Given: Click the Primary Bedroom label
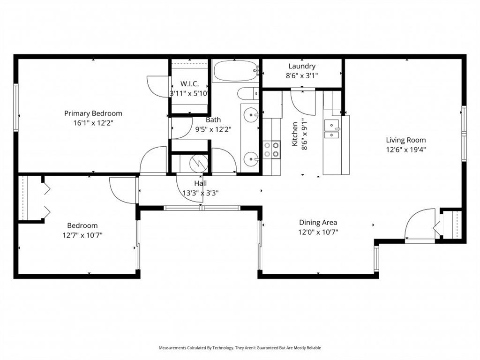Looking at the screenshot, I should (93, 113).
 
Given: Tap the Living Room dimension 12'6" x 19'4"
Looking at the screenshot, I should (406, 150).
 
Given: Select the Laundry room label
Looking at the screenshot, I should (302, 66).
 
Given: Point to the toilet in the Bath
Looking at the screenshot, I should (247, 94).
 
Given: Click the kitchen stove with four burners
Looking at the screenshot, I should (271, 149).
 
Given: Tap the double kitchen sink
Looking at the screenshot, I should (332, 129).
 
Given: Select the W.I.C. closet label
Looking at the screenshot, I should (190, 83).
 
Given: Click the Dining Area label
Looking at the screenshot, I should (318, 223).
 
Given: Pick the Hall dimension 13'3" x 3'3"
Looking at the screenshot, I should (200, 192).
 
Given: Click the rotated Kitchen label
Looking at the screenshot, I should (295, 134).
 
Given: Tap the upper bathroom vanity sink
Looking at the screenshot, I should (252, 114).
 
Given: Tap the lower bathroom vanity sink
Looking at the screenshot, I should (252, 159).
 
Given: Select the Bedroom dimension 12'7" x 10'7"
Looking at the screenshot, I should (82, 235).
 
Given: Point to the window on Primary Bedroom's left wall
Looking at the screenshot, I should (15, 107).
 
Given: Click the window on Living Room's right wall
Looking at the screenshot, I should (464, 134).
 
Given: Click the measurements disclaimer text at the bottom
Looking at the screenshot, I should (240, 348).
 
